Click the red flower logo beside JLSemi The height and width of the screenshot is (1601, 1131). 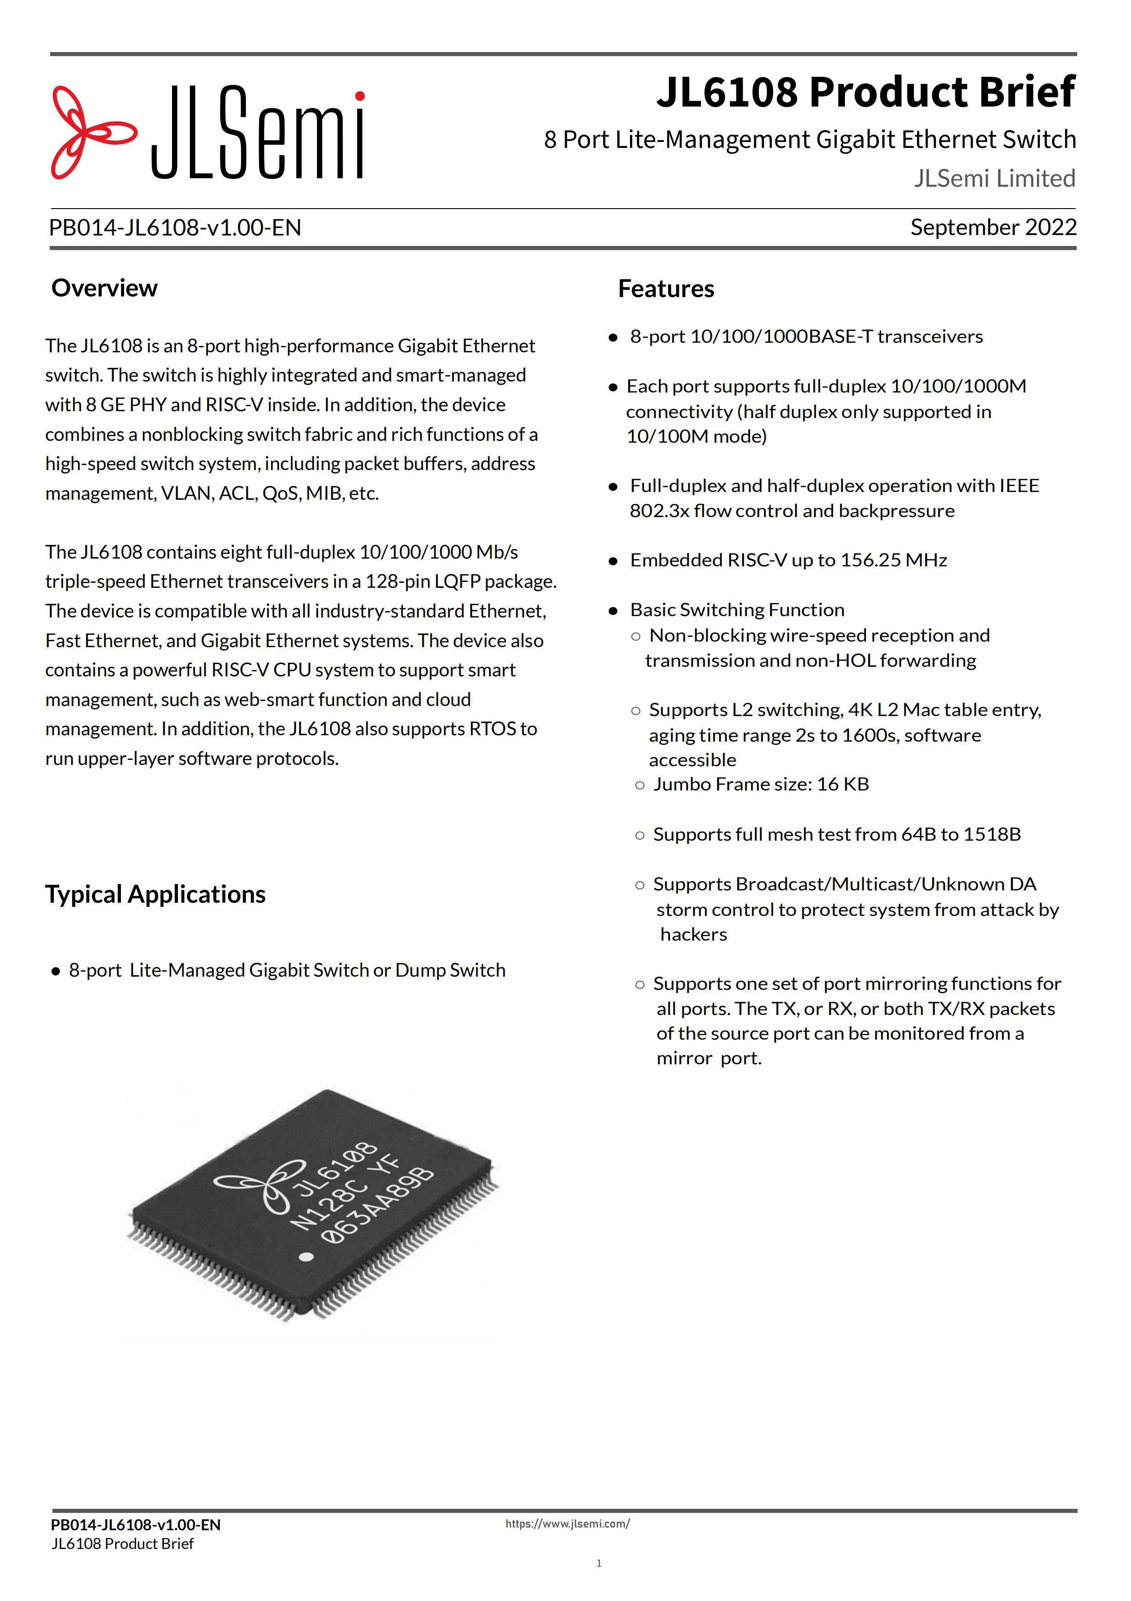[93, 132]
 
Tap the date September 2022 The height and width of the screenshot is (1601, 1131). [993, 227]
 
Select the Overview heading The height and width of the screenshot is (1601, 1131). [104, 288]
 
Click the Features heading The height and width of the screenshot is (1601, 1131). [666, 289]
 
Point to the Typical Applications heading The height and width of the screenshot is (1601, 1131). [156, 894]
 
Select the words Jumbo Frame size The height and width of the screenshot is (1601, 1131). [732, 785]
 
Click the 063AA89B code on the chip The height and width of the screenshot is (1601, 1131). [377, 1206]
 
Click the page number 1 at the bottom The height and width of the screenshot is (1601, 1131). [599, 1563]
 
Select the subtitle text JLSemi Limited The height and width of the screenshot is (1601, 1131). [995, 178]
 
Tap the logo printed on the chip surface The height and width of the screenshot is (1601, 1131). [261, 1183]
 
